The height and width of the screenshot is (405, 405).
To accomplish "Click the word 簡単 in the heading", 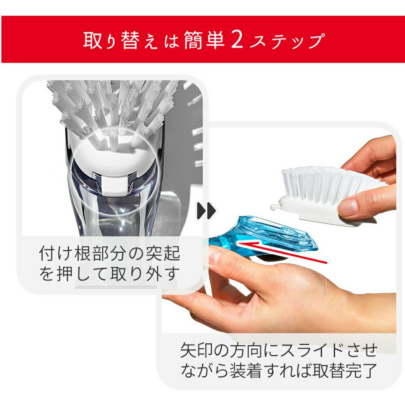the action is coord(204,40).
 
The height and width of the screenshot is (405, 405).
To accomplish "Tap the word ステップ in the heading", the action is coord(287,41).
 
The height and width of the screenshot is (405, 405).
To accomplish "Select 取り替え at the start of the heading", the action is coord(120,40).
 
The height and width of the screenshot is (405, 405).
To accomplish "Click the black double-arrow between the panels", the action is coord(206,211).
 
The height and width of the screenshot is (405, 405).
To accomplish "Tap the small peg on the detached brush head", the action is coord(275,207).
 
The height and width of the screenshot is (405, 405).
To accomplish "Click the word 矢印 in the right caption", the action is coord(197,350).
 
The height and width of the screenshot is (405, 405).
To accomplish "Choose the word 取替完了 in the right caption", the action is coord(345,371).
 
